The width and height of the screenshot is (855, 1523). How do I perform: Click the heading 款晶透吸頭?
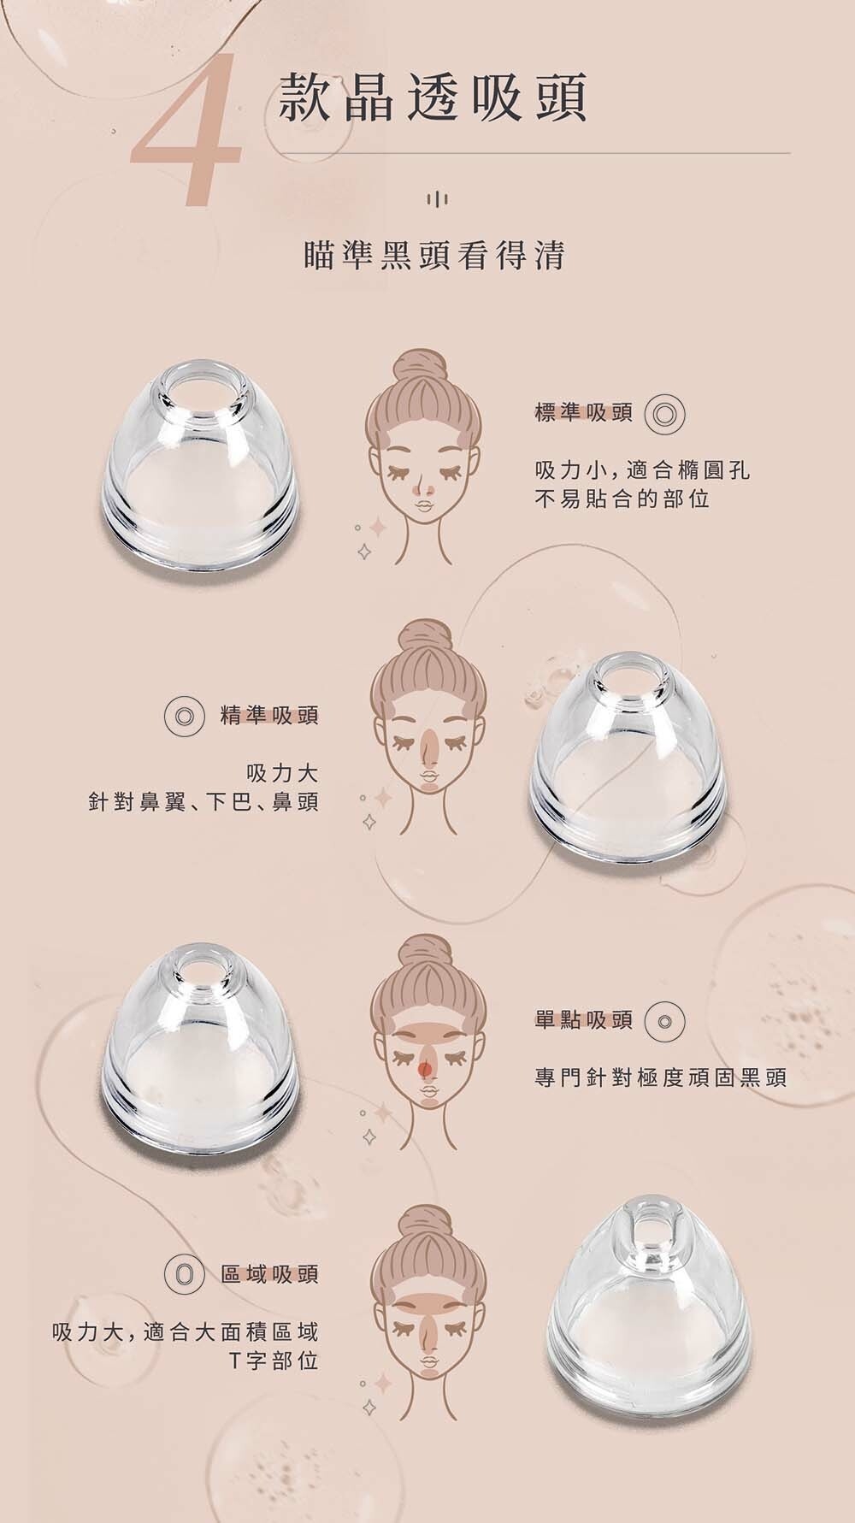click(433, 97)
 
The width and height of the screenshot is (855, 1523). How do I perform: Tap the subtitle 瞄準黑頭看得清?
click(435, 255)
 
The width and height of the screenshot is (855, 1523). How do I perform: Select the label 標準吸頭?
click(584, 413)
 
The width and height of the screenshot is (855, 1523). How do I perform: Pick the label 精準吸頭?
click(269, 715)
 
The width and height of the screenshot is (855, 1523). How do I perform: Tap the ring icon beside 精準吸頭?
click(182, 716)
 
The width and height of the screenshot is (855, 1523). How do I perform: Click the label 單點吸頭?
click(584, 1019)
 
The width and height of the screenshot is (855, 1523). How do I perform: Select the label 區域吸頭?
click(269, 1274)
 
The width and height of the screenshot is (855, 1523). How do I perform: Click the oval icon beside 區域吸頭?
click(182, 1274)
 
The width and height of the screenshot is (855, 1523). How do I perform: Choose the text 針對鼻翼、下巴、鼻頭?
click(203, 802)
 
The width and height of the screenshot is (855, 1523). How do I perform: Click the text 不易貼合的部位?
click(622, 499)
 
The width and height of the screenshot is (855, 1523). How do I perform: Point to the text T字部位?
click(274, 1360)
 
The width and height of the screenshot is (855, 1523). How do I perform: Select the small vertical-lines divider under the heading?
click(436, 199)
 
